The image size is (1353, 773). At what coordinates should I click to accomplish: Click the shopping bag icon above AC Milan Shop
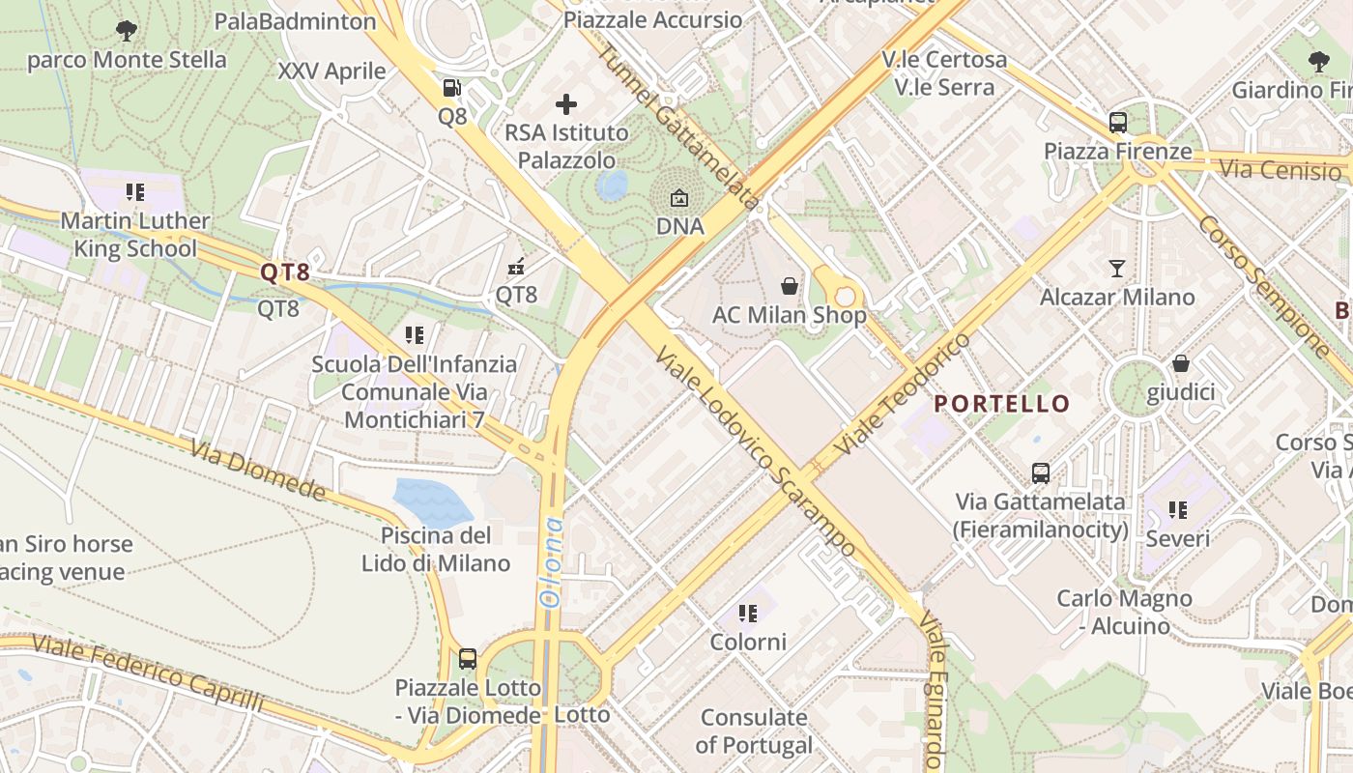pyautogui.click(x=790, y=286)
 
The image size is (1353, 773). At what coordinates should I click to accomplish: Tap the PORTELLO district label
pyautogui.click(x=1002, y=404)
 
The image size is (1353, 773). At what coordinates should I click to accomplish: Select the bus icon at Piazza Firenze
pyautogui.click(x=1118, y=123)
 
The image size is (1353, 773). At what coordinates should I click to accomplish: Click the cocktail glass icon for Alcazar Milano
pyautogui.click(x=1117, y=268)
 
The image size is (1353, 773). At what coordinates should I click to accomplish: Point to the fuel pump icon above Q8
pyautogui.click(x=451, y=88)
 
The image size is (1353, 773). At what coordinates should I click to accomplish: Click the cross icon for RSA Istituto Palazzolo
pyautogui.click(x=566, y=103)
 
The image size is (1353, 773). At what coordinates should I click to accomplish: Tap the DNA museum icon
pyautogui.click(x=679, y=198)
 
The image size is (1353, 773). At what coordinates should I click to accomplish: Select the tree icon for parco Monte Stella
pyautogui.click(x=126, y=31)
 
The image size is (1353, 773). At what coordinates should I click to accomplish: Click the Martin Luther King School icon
pyautogui.click(x=135, y=192)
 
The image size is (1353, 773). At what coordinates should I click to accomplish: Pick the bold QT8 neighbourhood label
pyautogui.click(x=285, y=272)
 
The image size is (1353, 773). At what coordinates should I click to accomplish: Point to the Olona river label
pyautogui.click(x=551, y=562)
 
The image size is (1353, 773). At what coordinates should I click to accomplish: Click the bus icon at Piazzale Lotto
pyautogui.click(x=468, y=659)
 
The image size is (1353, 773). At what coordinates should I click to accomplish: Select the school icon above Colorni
pyautogui.click(x=747, y=614)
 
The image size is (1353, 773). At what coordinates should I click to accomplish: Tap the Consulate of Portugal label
pyautogui.click(x=754, y=731)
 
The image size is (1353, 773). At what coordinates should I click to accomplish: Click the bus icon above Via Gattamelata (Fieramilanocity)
pyautogui.click(x=1041, y=473)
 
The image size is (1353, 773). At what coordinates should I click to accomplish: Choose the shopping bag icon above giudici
pyautogui.click(x=1180, y=364)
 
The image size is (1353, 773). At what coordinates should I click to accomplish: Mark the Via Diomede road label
pyautogui.click(x=258, y=471)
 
